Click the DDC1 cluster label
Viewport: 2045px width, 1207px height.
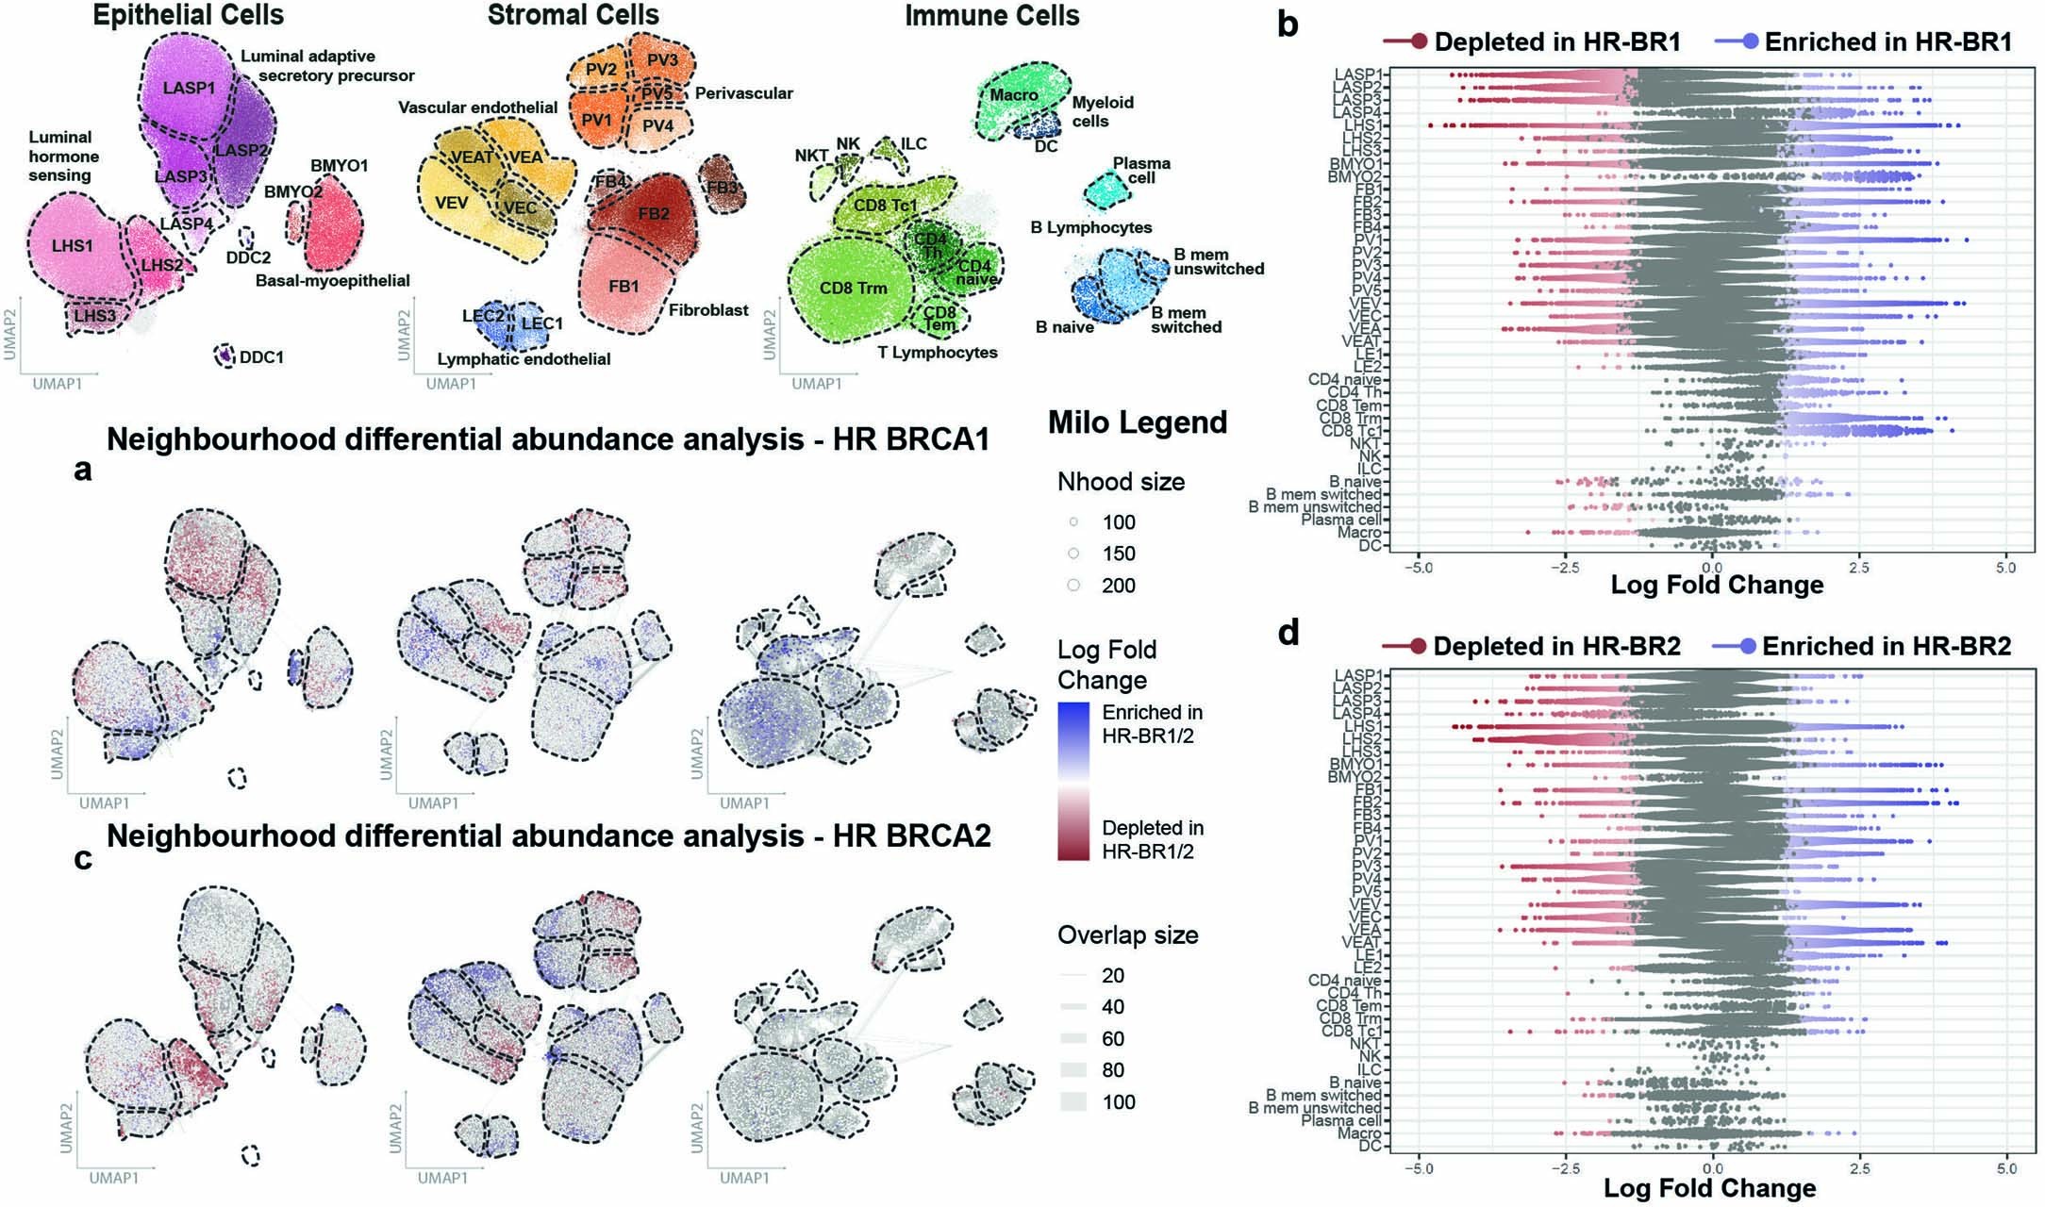[261, 357]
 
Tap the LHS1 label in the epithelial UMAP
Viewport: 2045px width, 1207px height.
[73, 246]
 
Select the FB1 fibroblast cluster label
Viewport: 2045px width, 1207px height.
[623, 286]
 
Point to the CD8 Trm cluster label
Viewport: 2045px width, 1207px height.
[853, 288]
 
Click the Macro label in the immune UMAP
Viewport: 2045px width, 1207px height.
[1013, 95]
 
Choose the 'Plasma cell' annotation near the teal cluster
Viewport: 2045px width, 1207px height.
[1141, 170]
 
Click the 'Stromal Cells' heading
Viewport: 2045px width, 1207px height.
[573, 15]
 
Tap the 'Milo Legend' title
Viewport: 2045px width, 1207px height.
[1138, 422]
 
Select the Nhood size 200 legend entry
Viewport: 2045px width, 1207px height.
[1118, 586]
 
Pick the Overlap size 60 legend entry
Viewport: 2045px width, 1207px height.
[1113, 1038]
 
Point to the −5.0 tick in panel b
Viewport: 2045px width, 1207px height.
[1418, 568]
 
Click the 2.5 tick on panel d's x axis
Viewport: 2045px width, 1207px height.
[1860, 1169]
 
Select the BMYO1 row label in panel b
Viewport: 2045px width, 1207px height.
[1356, 164]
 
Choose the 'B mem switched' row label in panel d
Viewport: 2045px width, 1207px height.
[1322, 1096]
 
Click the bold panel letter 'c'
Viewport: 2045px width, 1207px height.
[83, 858]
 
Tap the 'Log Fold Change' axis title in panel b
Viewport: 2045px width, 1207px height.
[1717, 585]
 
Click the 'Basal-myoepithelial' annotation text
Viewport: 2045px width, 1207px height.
[333, 280]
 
